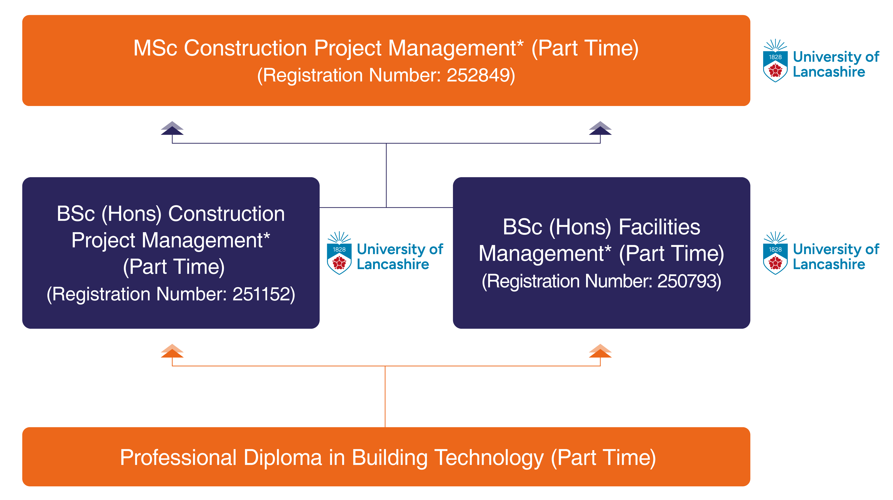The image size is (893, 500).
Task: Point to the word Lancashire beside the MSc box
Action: [x=829, y=72]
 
